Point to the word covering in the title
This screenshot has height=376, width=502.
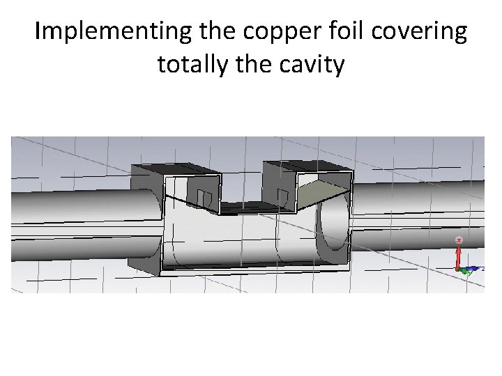(x=423, y=31)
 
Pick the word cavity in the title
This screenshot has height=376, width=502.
(x=312, y=64)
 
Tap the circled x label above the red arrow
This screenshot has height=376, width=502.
(x=459, y=240)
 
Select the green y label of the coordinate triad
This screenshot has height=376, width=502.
(x=470, y=273)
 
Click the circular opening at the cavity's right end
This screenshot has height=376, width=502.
(x=334, y=227)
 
